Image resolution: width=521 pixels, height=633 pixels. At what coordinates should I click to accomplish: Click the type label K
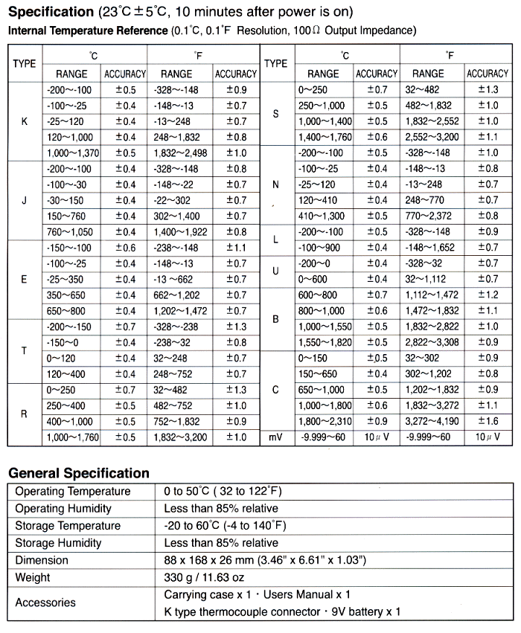tap(25, 121)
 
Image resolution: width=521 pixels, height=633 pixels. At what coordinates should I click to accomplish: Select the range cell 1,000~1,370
tap(71, 152)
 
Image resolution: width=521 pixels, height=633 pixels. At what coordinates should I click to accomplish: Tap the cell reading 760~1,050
tap(71, 231)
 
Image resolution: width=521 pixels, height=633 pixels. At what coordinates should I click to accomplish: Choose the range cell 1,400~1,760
tap(325, 137)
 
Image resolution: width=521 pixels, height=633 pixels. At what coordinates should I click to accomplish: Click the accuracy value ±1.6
tap(487, 421)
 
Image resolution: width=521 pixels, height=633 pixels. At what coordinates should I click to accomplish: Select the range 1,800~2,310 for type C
tap(325, 421)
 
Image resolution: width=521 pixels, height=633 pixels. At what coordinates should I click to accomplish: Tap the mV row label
tap(276, 437)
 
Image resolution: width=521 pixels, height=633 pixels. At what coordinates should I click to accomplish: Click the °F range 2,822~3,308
tap(431, 342)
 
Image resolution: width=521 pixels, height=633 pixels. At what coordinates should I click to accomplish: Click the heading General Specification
tap(79, 473)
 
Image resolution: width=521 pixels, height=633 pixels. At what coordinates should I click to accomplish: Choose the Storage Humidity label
tap(63, 543)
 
